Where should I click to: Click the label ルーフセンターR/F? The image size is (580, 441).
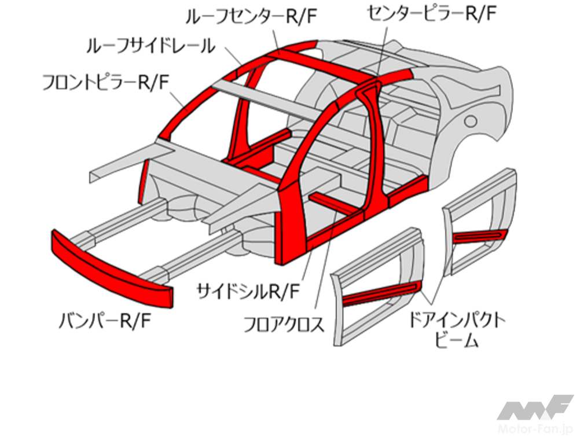tap(251, 16)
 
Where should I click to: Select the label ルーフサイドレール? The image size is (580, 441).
tap(150, 46)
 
